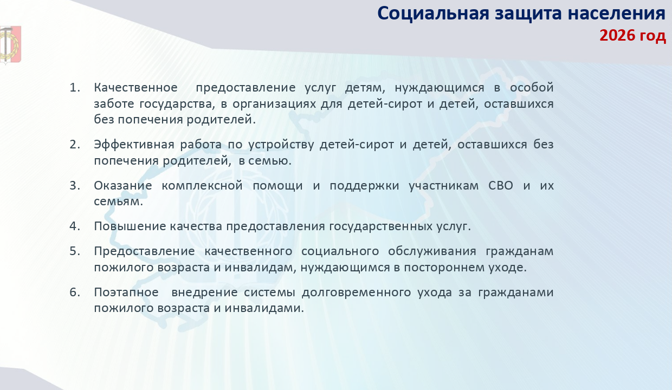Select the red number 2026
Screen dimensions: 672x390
[x=617, y=35]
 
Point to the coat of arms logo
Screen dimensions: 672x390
[x=10, y=45]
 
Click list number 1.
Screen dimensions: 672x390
[x=75, y=88]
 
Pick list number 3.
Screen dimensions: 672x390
[x=75, y=186]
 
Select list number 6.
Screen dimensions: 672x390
[x=75, y=292]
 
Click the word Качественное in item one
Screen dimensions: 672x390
[x=135, y=88]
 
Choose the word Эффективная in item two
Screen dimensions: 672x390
[x=134, y=145]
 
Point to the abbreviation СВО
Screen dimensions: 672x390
[x=501, y=186]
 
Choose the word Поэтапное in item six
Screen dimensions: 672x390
[x=126, y=292]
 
